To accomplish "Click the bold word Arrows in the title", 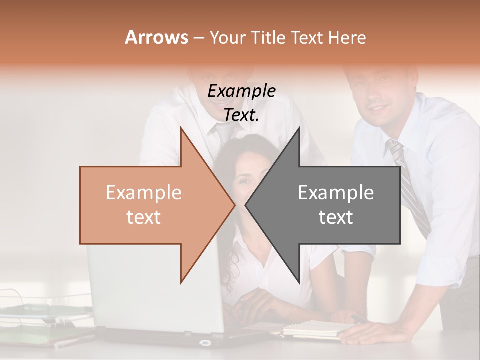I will click(x=156, y=37).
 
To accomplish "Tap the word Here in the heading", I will click(x=347, y=38).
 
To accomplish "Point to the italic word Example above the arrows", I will click(x=241, y=91).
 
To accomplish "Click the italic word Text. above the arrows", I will click(x=241, y=115).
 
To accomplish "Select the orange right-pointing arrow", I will click(x=150, y=205).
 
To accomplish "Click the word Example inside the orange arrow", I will click(x=144, y=193).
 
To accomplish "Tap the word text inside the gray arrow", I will click(x=336, y=217).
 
